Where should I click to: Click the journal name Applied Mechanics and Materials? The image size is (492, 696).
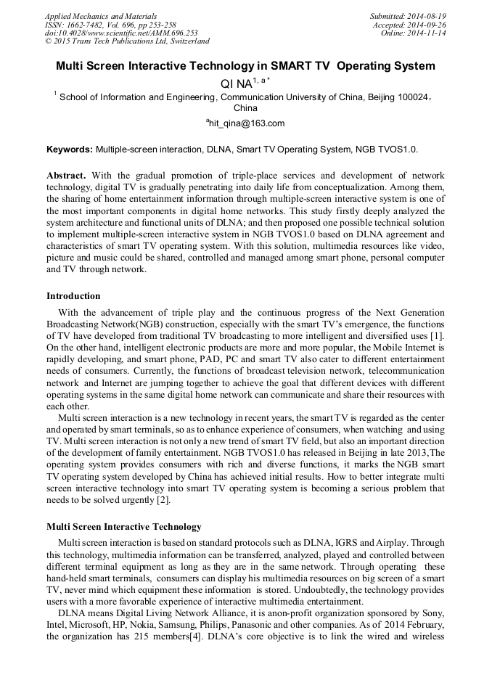(x=101, y=15)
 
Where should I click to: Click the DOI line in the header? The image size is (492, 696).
(x=121, y=33)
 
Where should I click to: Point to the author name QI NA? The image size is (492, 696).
(x=237, y=84)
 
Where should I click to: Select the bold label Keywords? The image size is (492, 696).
(x=70, y=150)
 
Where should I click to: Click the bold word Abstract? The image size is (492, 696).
(x=66, y=176)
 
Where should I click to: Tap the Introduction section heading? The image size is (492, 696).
(x=73, y=296)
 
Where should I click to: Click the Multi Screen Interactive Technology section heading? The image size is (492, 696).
(x=123, y=527)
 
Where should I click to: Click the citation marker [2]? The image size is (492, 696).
(x=163, y=500)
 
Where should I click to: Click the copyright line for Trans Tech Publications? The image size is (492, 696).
(x=127, y=41)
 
